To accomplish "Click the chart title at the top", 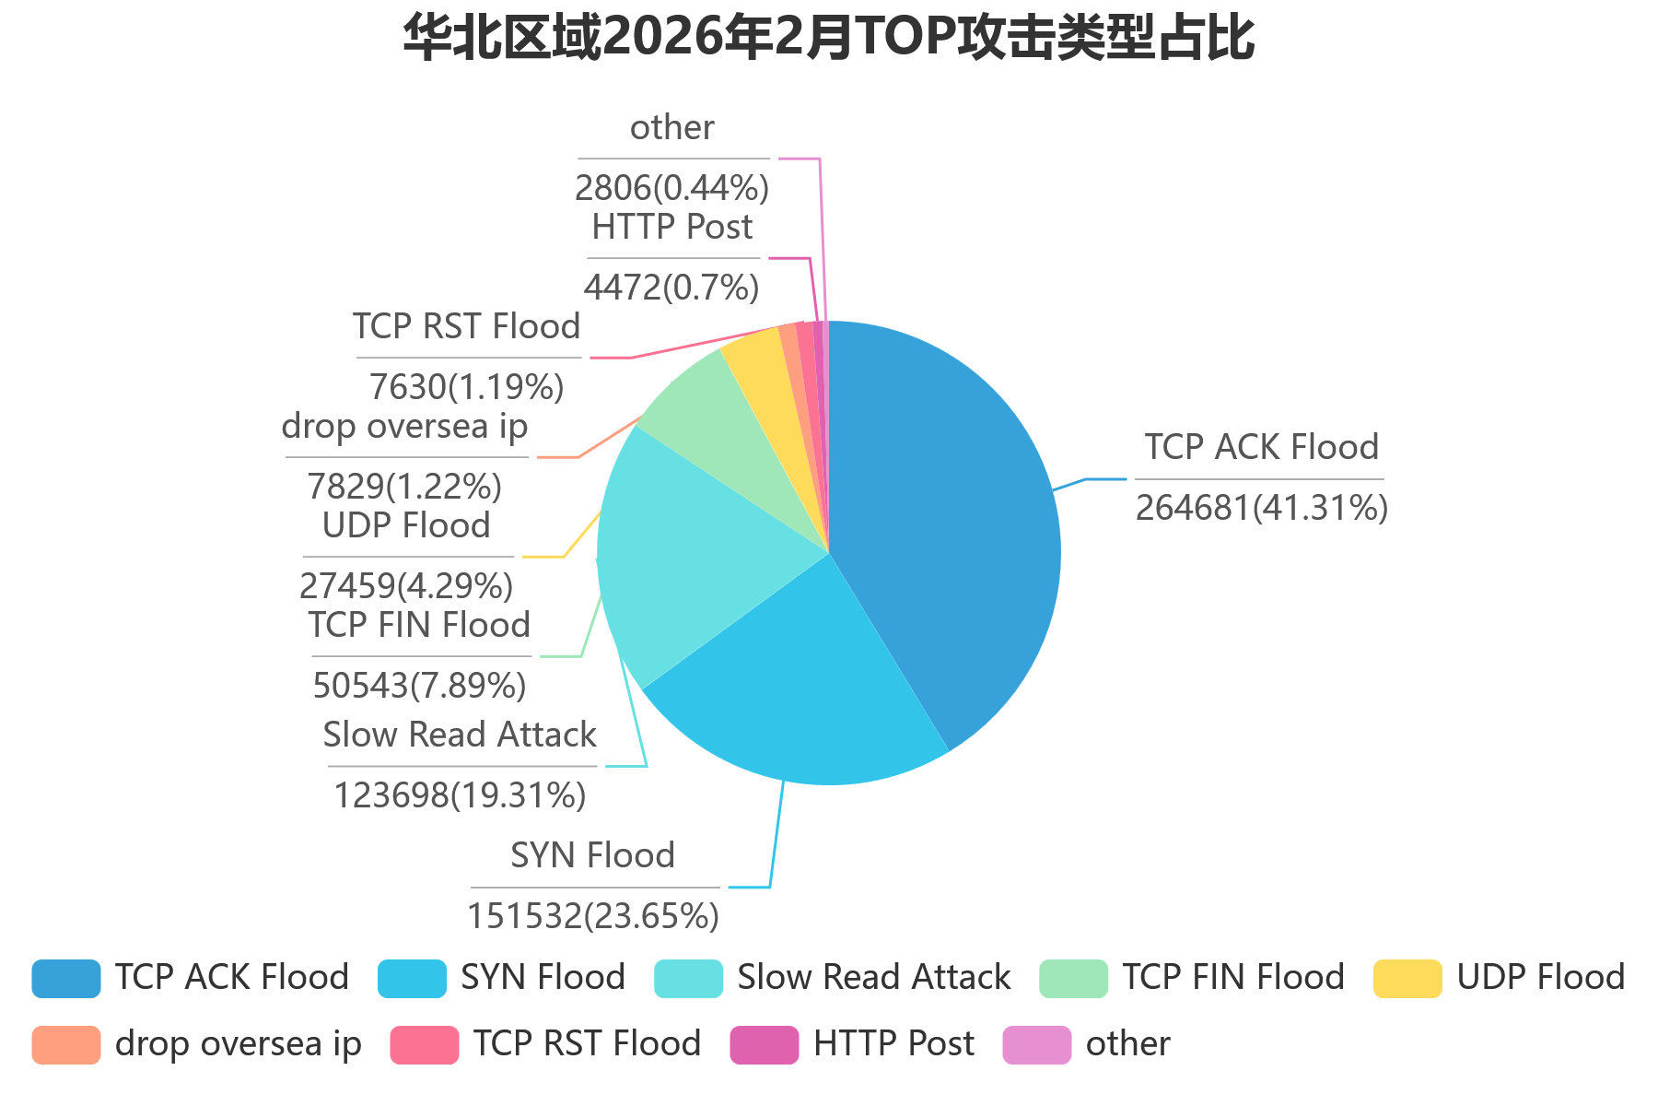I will tap(829, 39).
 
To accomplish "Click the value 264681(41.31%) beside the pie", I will tap(1261, 508).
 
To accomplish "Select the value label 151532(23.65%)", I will tap(593, 916).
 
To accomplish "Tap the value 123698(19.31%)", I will tap(460, 795).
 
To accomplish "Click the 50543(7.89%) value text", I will tap(419, 686).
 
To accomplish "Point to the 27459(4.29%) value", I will tap(406, 586).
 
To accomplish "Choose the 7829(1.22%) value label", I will tap(404, 487).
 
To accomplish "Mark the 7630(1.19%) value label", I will tap(467, 387).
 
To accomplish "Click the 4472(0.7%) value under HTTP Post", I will tap(671, 288).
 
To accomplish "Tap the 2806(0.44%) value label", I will tap(671, 188).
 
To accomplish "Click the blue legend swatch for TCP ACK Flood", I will tap(66, 979).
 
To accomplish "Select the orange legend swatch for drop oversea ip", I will tap(66, 1045).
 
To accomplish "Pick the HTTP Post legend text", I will tap(893, 1044).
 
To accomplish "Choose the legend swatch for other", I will tap(1036, 1045).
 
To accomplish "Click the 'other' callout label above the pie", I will tap(671, 128).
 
